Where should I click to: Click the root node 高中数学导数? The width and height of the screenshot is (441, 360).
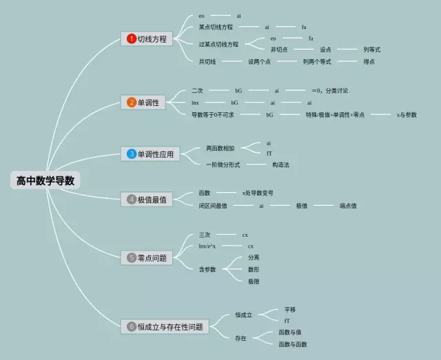coord(45,181)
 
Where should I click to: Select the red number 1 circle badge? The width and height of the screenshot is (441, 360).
coord(131,39)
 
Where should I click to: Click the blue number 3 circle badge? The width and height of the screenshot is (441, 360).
coord(131,154)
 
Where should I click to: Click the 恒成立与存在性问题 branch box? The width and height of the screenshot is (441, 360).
coord(163,327)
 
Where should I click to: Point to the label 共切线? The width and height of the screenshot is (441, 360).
coord(207,61)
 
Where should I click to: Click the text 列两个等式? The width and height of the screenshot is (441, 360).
coord(317,61)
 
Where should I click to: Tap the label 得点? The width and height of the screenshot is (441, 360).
coord(369,61)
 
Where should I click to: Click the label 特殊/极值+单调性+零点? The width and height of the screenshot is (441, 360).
coord(335,114)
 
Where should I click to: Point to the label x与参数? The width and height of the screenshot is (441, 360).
coord(407,114)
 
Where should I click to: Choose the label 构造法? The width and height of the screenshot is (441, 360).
coord(280,165)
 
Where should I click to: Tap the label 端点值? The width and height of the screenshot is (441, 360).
coord(348,205)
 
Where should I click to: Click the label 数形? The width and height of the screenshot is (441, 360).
coord(254,269)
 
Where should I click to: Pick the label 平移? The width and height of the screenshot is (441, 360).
coord(289,310)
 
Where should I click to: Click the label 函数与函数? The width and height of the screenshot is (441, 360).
coord(293,343)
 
